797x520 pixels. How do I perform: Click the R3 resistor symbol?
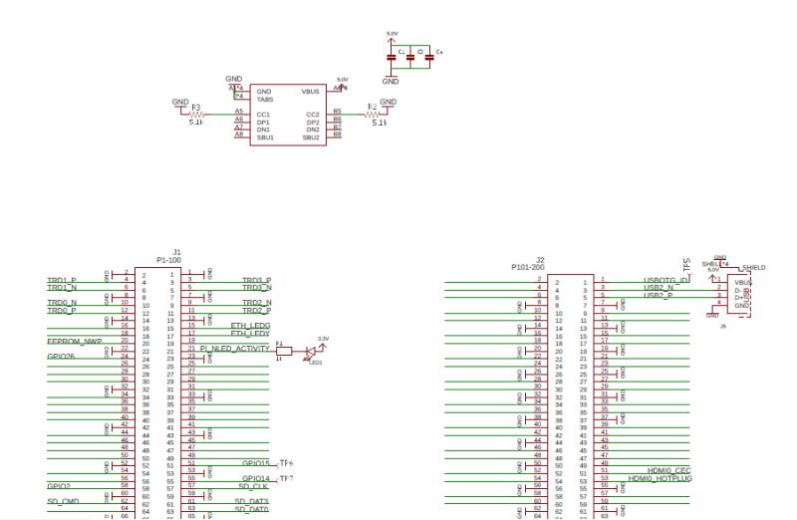[x=195, y=115]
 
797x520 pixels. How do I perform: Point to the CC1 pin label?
[x=264, y=115]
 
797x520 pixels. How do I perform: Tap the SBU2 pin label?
[x=311, y=136]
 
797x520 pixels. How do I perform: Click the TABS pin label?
[x=265, y=99]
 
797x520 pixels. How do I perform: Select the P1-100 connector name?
[x=175, y=259]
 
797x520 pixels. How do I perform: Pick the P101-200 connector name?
[x=529, y=267]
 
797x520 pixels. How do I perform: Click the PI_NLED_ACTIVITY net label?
[x=234, y=349]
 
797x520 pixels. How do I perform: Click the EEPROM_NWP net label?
[x=75, y=341]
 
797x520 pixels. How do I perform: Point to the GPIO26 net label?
[x=62, y=356]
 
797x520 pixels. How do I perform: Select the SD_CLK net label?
[x=253, y=486]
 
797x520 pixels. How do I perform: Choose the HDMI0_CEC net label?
[x=668, y=470]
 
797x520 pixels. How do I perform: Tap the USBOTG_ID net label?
[x=666, y=280]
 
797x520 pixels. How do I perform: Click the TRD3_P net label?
[x=257, y=280]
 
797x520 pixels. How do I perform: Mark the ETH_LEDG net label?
[x=250, y=326]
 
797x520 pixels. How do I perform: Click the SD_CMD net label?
[x=63, y=501]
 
